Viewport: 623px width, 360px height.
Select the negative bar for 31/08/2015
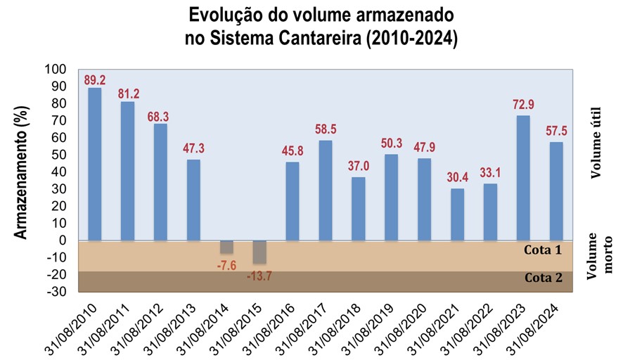click(x=259, y=252)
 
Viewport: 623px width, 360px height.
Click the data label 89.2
click(x=94, y=79)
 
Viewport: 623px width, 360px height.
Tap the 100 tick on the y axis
click(x=54, y=70)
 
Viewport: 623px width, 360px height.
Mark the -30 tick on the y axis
click(x=56, y=291)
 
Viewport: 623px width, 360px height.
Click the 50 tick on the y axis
click(x=58, y=155)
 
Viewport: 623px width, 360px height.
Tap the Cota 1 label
click(x=544, y=250)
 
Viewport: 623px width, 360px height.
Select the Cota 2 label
click(x=544, y=277)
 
